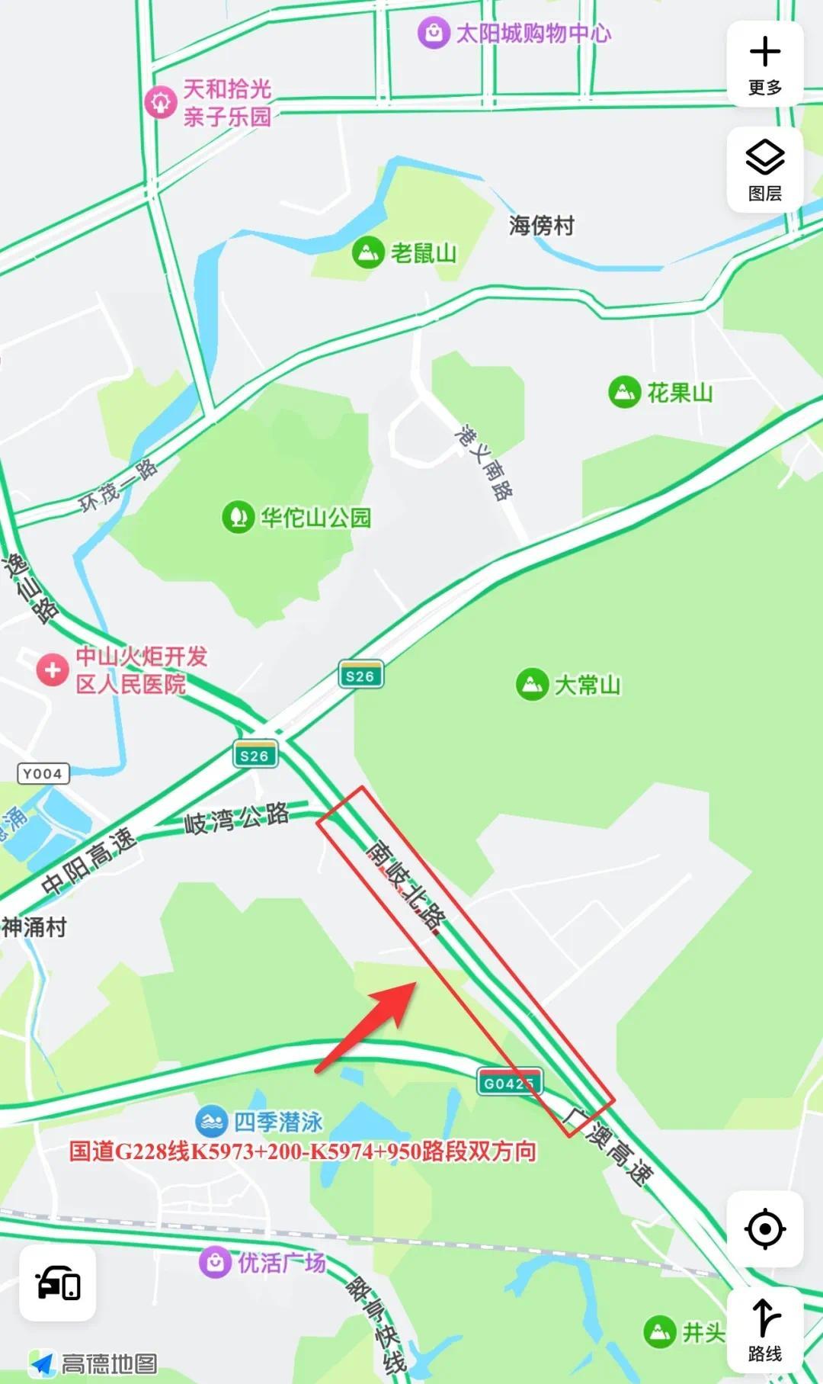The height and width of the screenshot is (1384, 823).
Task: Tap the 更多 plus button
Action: tap(765, 63)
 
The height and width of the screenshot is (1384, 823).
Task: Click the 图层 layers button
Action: tap(765, 170)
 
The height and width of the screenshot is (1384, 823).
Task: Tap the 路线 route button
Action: tap(765, 1330)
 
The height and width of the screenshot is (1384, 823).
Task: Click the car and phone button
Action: tap(58, 1283)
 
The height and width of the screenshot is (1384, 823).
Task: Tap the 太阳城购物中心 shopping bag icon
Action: tap(433, 33)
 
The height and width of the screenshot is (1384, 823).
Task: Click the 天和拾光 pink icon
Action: tap(161, 102)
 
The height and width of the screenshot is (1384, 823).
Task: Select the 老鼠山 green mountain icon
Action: tap(368, 252)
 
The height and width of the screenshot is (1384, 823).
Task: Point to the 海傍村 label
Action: tap(541, 226)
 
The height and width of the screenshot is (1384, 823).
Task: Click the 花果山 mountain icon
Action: tap(624, 392)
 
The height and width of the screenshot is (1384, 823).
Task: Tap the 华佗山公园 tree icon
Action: tap(238, 517)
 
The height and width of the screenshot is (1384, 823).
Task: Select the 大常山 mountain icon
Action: tap(532, 684)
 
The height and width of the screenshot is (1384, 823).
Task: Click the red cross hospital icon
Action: tap(53, 670)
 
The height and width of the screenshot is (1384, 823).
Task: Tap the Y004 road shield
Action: tap(43, 774)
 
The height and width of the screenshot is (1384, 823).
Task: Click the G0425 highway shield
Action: tap(509, 1083)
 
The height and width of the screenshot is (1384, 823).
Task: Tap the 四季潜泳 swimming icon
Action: tap(211, 1122)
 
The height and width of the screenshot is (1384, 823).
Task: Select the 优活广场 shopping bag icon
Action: tap(215, 1263)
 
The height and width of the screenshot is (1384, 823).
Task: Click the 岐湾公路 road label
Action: tap(237, 819)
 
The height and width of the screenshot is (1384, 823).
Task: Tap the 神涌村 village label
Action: tap(34, 927)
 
